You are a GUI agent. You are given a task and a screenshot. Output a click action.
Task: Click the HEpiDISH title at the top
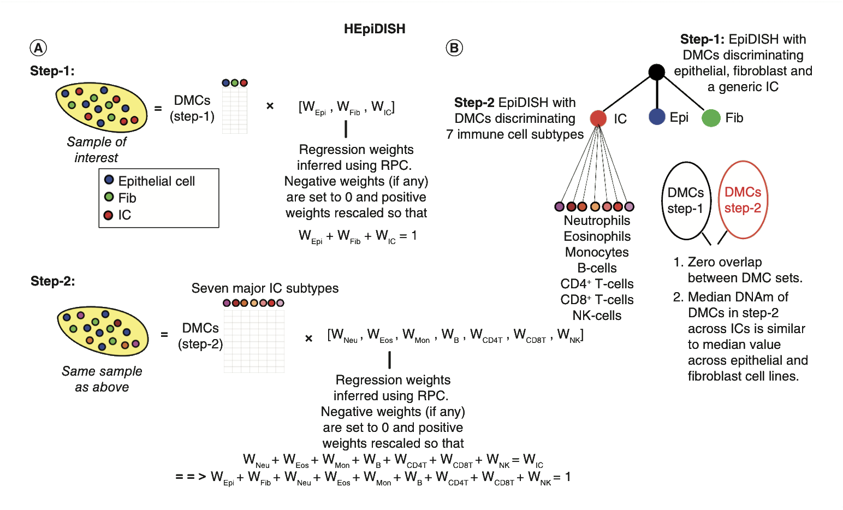pyautogui.click(x=375, y=29)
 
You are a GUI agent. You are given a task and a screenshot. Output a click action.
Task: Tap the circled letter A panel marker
pyautogui.click(x=38, y=48)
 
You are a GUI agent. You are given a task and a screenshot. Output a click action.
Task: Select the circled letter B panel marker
pyautogui.click(x=454, y=48)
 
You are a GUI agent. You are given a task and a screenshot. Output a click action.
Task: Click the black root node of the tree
pyautogui.click(x=656, y=72)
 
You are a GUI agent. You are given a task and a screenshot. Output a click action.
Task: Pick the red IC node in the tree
pyautogui.click(x=598, y=118)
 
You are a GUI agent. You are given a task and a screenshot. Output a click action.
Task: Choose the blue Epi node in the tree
pyautogui.click(x=657, y=117)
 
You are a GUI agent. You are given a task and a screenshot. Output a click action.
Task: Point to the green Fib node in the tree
pyautogui.click(x=711, y=117)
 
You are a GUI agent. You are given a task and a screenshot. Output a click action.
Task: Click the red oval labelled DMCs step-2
pyautogui.click(x=743, y=200)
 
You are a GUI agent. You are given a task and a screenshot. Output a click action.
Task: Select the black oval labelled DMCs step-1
pyautogui.click(x=686, y=200)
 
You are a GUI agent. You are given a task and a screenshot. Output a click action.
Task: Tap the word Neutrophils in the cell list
pyautogui.click(x=597, y=221)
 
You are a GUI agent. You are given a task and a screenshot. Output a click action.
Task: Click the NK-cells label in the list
pyautogui.click(x=597, y=316)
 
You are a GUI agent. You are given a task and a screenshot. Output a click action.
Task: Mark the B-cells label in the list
pyautogui.click(x=597, y=268)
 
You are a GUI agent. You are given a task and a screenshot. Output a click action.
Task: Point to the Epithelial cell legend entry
pyautogui.click(x=156, y=181)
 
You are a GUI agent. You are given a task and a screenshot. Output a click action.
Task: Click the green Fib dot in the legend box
pyautogui.click(x=109, y=197)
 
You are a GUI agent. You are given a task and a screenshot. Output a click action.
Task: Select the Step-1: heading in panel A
pyautogui.click(x=52, y=71)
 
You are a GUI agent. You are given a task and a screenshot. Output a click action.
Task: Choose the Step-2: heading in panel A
pyautogui.click(x=52, y=281)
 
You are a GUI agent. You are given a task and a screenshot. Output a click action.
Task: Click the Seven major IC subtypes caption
pyautogui.click(x=265, y=288)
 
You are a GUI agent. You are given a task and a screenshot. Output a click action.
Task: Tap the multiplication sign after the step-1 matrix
pyautogui.click(x=270, y=106)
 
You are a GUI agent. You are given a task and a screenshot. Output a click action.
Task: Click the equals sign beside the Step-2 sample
pyautogui.click(x=164, y=334)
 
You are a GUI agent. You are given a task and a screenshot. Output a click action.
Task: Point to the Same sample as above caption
pyautogui.click(x=102, y=379)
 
